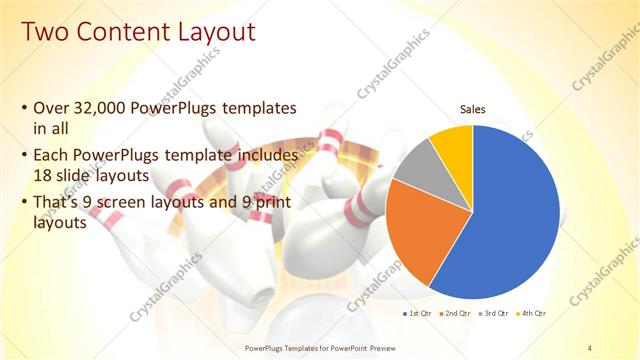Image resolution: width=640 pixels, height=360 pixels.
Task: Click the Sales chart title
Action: [473, 108]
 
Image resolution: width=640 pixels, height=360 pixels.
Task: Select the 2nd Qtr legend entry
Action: [457, 314]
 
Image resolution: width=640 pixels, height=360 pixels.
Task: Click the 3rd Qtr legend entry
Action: [495, 314]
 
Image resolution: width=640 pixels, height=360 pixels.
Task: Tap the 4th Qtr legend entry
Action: [532, 314]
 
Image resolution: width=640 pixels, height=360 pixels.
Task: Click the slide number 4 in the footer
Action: [590, 347]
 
